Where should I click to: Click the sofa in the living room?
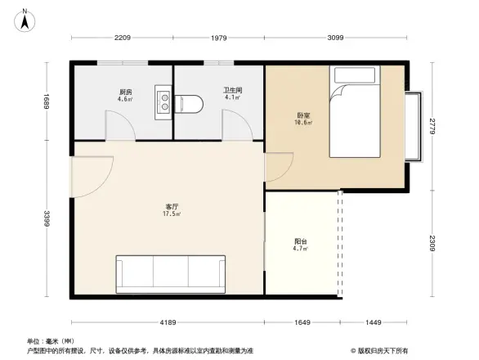(x=170, y=272)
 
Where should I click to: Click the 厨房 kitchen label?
(x=125, y=92)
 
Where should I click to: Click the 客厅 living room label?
(x=170, y=207)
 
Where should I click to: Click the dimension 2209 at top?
(x=123, y=38)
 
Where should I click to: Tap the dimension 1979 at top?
(x=218, y=38)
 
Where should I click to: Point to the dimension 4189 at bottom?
(x=168, y=323)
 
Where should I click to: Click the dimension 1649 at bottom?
(x=302, y=323)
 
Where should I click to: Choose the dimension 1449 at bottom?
(x=373, y=323)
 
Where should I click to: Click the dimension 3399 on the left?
(x=47, y=219)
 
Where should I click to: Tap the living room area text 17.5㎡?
(x=171, y=215)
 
